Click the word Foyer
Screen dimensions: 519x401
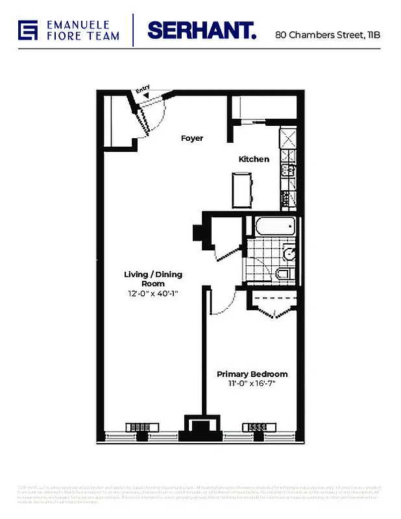pos(192,138)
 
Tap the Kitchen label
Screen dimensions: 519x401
pos(254,159)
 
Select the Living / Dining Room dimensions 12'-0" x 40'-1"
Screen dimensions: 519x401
pos(152,293)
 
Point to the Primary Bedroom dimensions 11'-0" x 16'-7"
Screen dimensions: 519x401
pos(252,384)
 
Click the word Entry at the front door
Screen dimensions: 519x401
pos(143,89)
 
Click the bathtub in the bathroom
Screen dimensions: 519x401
pos(272,227)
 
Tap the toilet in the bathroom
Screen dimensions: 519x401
pos(284,273)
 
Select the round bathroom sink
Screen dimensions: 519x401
pos(290,253)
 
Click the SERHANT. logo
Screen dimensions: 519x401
pos(202,30)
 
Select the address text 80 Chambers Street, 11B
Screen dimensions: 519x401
pos(327,34)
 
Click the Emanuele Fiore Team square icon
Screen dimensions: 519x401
pos(28,30)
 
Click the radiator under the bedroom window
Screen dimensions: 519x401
pos(255,428)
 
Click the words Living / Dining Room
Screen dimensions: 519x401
pos(152,279)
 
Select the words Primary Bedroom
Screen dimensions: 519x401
pos(252,374)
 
